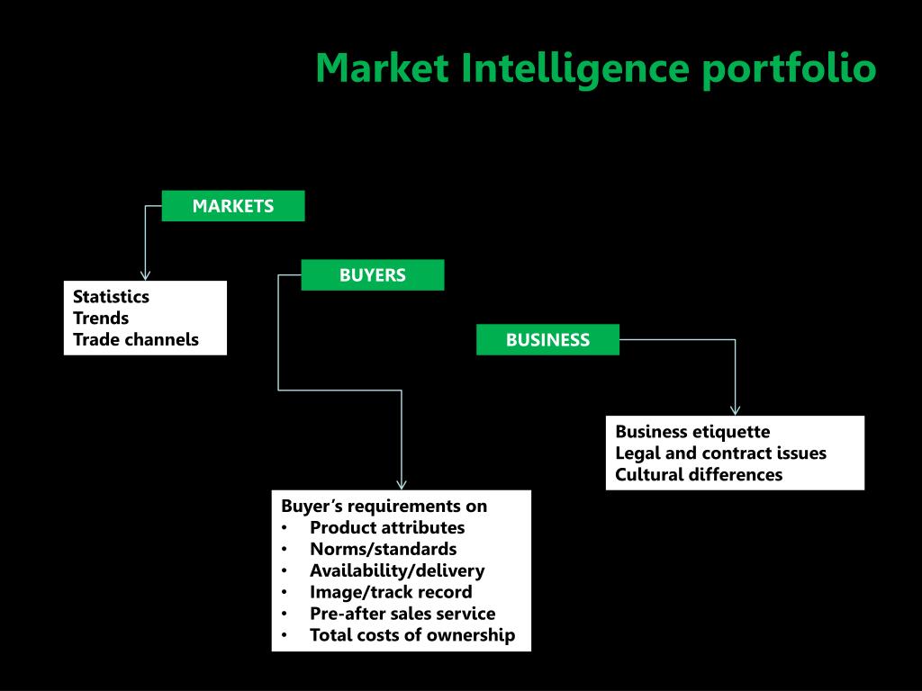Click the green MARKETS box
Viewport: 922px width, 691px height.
coord(233,206)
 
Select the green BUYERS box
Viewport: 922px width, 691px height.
coord(372,275)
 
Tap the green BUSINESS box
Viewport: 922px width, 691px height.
coord(547,340)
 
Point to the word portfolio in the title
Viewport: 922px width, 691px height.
coord(789,69)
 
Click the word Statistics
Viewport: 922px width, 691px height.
coord(111,297)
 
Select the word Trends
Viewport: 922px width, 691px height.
coord(101,319)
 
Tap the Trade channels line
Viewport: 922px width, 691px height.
coord(136,340)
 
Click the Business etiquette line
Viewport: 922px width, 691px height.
coord(692,432)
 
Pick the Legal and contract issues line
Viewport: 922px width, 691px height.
coord(720,453)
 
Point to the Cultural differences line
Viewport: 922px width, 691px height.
coord(699,475)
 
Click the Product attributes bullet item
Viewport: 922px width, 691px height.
coord(387,527)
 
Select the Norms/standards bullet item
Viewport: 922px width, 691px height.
coord(383,549)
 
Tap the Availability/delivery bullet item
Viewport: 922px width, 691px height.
coord(397,570)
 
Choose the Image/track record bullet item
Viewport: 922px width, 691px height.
coord(391,592)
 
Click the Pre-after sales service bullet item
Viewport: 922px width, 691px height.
coord(402,614)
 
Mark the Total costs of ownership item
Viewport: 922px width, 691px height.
coord(412,635)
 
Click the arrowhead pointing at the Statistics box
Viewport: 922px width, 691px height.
coord(145,275)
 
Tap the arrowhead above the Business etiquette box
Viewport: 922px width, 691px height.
coord(735,409)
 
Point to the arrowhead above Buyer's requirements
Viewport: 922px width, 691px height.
coord(402,484)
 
